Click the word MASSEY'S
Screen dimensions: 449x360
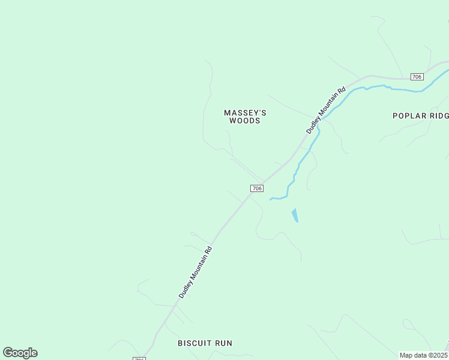click(245, 113)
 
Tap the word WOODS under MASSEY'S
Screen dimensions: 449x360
click(245, 121)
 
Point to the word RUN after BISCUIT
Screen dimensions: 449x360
click(224, 343)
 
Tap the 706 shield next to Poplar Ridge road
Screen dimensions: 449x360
click(417, 77)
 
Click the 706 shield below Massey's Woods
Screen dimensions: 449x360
click(257, 188)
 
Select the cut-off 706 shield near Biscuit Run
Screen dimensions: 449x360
click(139, 358)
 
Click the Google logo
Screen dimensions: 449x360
click(20, 353)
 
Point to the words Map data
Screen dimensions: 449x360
click(414, 355)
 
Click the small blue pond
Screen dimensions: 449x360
click(295, 215)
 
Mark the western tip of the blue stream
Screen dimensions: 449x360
click(271, 199)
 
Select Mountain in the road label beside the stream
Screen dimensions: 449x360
click(329, 106)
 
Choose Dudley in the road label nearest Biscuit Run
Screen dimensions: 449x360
click(184, 290)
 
